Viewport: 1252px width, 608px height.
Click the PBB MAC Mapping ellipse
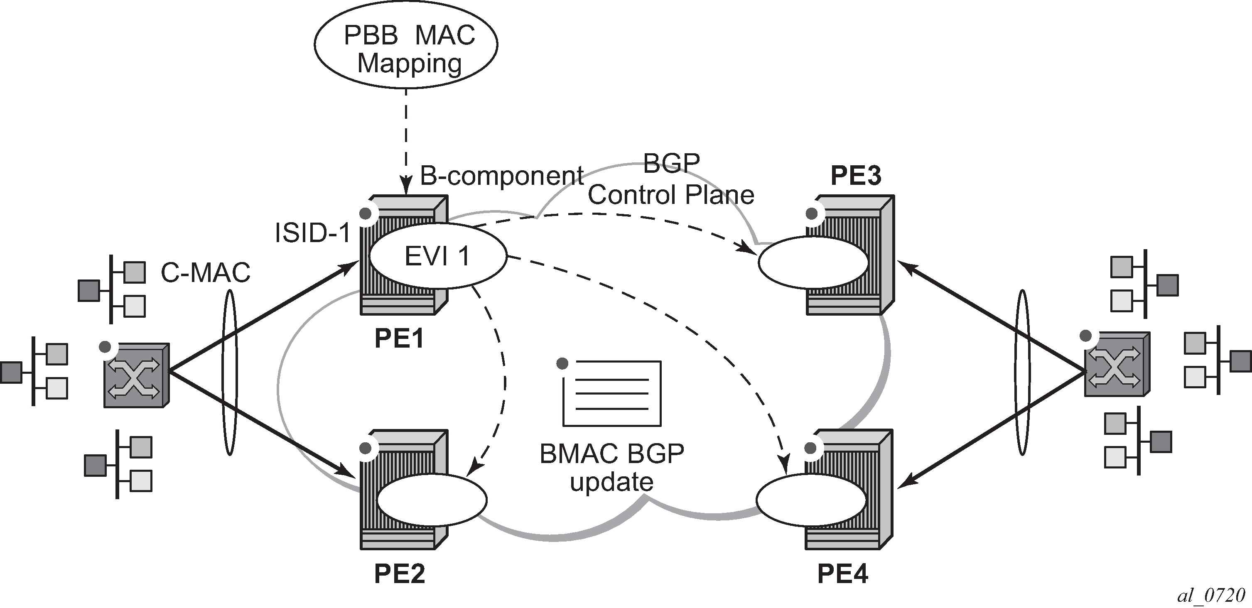[406, 45]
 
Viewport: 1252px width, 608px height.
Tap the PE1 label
[399, 338]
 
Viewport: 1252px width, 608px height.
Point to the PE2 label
[399, 574]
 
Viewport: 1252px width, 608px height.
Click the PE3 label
[855, 176]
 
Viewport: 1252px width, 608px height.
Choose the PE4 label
[842, 574]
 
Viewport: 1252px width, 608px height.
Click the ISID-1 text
[312, 233]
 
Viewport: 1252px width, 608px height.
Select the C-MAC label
[205, 273]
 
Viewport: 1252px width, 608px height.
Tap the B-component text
[501, 176]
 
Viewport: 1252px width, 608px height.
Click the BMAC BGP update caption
[612, 468]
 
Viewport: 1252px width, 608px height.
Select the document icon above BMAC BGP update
[611, 393]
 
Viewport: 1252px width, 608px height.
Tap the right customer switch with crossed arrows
[1117, 364]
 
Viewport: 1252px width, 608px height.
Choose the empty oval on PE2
[432, 499]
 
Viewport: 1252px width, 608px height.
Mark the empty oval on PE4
[811, 500]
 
